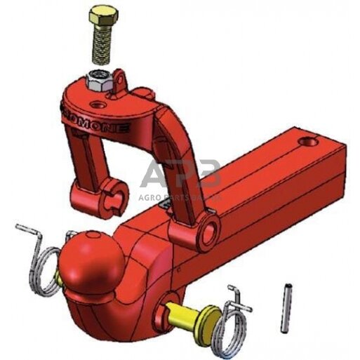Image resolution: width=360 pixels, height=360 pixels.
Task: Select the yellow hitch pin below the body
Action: pyautogui.click(x=183, y=311)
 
